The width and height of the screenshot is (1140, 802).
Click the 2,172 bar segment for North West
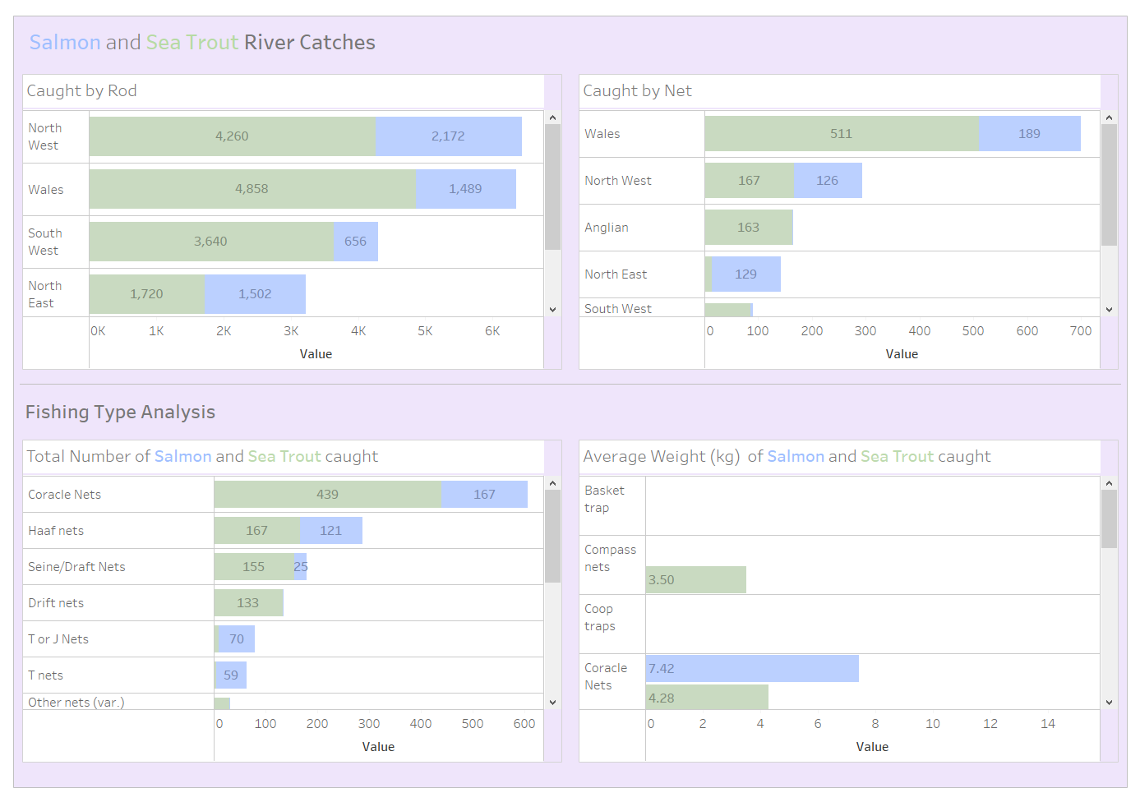(x=449, y=136)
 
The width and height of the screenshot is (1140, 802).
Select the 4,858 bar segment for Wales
(x=252, y=189)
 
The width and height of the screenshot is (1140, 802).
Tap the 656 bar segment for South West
(x=356, y=242)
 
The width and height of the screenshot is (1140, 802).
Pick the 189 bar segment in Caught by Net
(x=1030, y=134)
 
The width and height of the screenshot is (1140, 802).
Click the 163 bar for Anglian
(x=749, y=228)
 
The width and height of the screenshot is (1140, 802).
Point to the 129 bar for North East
(x=746, y=274)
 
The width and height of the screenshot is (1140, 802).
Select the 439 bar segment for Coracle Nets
(x=328, y=495)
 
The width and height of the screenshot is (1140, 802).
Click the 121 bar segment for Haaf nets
(x=331, y=531)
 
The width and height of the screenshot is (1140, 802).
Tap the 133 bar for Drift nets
(x=248, y=603)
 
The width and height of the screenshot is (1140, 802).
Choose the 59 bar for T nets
(x=231, y=675)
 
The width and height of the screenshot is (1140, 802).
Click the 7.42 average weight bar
(x=752, y=669)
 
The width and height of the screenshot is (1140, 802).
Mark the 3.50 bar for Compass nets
(x=696, y=580)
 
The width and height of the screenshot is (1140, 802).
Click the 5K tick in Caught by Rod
(x=425, y=331)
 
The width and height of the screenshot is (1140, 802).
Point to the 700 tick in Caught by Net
(x=1081, y=331)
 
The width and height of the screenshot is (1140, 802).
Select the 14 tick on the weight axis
(x=1048, y=724)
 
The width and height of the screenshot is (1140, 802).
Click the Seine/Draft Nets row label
(x=76, y=567)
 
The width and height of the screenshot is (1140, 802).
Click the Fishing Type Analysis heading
(x=120, y=413)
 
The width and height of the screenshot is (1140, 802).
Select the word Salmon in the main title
(x=65, y=43)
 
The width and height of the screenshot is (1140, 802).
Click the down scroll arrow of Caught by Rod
(x=553, y=310)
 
